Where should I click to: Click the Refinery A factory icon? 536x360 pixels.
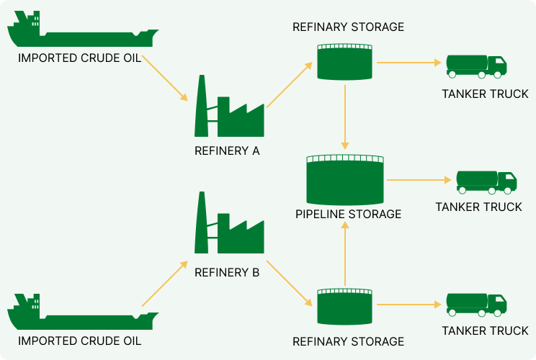[229, 109]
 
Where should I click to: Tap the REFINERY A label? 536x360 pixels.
[227, 151]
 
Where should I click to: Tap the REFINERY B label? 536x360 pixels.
[227, 273]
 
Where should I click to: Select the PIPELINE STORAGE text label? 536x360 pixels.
[348, 214]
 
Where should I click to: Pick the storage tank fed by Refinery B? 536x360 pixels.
[345, 306]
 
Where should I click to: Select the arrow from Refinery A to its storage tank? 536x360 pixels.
[290, 85]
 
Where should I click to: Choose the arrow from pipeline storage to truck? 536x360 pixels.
[419, 179]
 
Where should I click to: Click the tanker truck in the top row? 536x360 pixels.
[476, 66]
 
